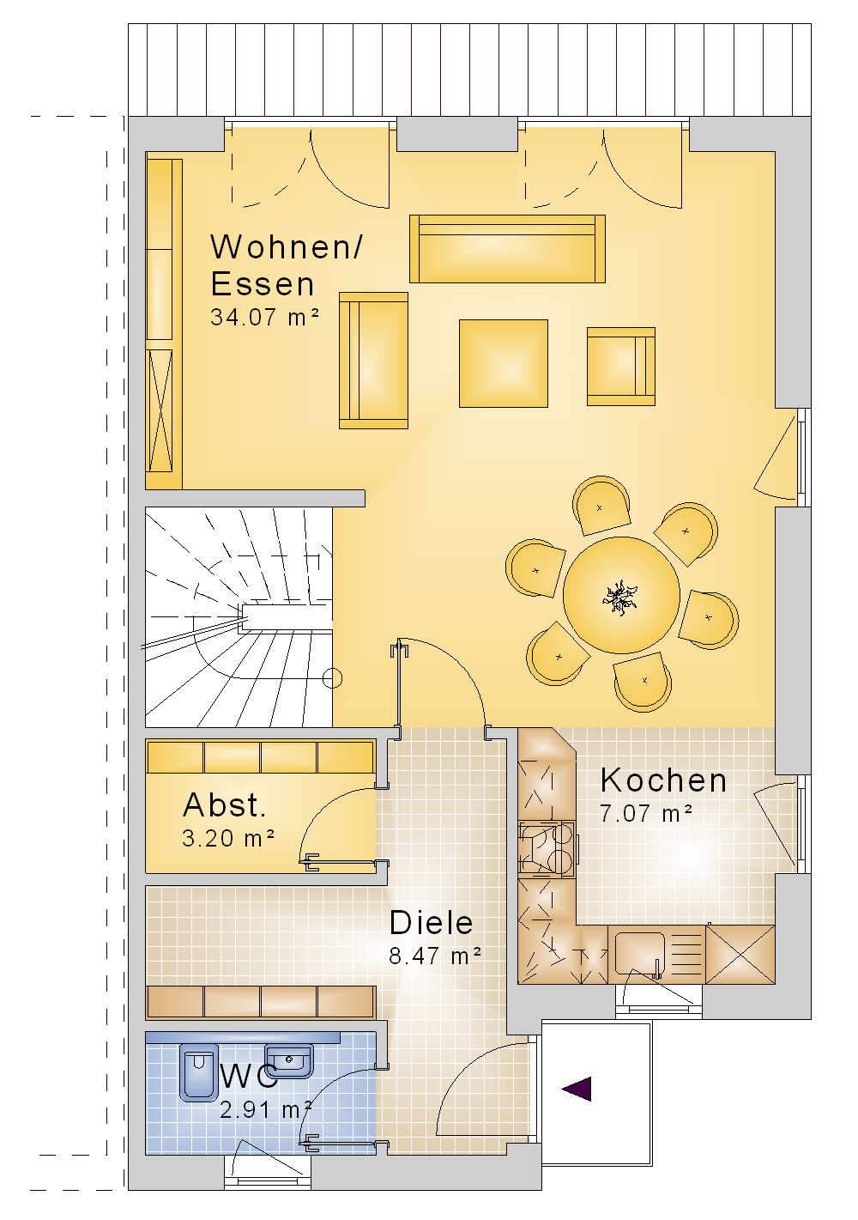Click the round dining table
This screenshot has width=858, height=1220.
tap(621, 595)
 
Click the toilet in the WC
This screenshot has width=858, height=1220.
tap(199, 1072)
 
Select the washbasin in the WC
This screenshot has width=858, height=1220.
tap(288, 1061)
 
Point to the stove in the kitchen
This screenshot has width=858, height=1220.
tap(547, 848)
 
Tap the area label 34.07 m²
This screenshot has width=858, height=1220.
tap(264, 317)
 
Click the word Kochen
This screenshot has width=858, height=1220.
tap(663, 780)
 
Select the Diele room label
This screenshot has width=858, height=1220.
tap(432, 923)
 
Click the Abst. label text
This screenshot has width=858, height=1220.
tap(224, 804)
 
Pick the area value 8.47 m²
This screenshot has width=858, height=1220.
tap(435, 956)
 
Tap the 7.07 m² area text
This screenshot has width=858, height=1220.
tap(646, 814)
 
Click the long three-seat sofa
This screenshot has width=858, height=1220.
tap(507, 249)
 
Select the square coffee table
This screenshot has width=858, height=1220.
tap(504, 363)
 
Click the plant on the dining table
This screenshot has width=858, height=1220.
tap(620, 598)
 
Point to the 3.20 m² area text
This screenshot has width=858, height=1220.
tap(228, 838)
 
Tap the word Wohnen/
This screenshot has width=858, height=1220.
tap(287, 246)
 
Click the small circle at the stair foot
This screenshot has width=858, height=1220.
tap(332, 678)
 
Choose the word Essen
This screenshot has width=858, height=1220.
tap(263, 284)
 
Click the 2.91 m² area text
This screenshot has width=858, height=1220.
tap(266, 1109)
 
